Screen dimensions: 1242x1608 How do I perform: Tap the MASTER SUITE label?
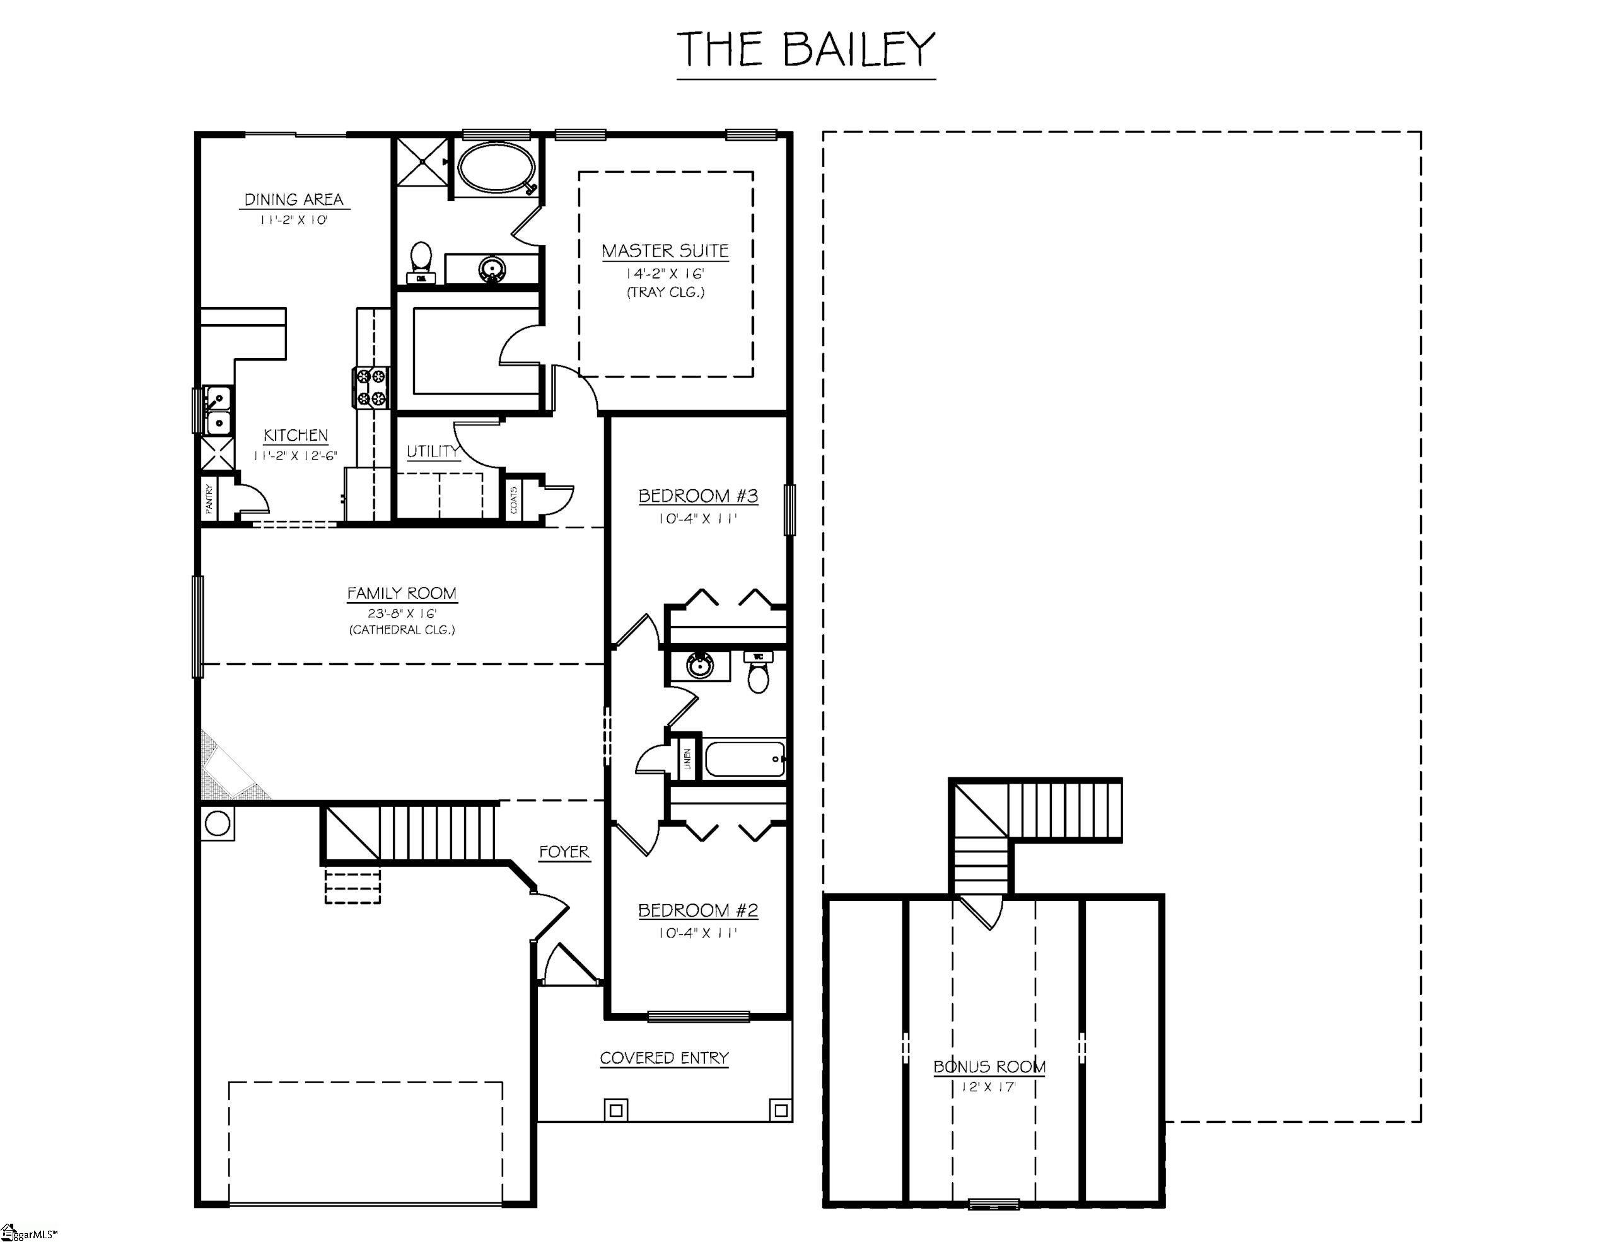pyautogui.click(x=665, y=251)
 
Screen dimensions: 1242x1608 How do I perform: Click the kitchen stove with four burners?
pyautogui.click(x=371, y=387)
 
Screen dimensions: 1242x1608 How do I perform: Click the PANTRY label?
pyautogui.click(x=210, y=499)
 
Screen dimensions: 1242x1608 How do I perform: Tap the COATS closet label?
pyautogui.click(x=513, y=499)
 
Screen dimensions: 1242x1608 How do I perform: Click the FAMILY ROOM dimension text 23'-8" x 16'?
pyautogui.click(x=402, y=613)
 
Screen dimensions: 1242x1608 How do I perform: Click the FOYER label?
pyautogui.click(x=563, y=852)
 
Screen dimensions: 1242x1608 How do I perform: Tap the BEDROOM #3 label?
pyautogui.click(x=697, y=496)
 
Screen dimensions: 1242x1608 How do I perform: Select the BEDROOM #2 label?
pyautogui.click(x=697, y=911)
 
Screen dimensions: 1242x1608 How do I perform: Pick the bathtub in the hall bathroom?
pyautogui.click(x=744, y=758)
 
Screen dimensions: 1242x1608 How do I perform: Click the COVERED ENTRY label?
pyautogui.click(x=663, y=1058)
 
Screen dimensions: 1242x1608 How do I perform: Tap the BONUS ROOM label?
pyautogui.click(x=989, y=1067)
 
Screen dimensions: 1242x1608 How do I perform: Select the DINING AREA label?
pyautogui.click(x=294, y=199)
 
